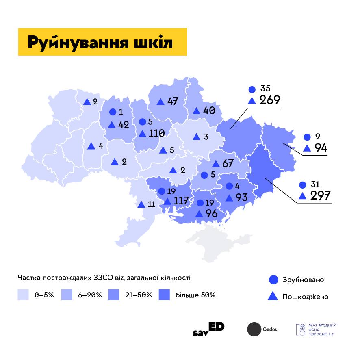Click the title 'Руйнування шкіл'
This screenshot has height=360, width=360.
pyautogui.click(x=100, y=42)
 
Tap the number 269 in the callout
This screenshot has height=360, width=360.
pyautogui.click(x=270, y=100)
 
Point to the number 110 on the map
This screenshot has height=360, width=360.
pyautogui.click(x=156, y=133)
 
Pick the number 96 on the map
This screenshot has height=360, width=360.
pyautogui.click(x=212, y=213)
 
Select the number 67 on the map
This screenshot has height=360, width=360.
pyautogui.click(x=228, y=164)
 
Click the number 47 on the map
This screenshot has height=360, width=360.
pyautogui.click(x=173, y=101)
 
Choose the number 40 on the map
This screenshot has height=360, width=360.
pyautogui.click(x=209, y=111)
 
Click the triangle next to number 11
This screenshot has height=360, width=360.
pyautogui.click(x=141, y=204)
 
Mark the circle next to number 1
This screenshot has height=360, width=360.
pyautogui.click(x=113, y=112)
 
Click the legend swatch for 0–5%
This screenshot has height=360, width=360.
pyautogui.click(x=24, y=295)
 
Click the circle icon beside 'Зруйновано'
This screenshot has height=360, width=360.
pyautogui.click(x=274, y=280)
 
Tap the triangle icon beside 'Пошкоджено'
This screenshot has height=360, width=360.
pyautogui.click(x=274, y=296)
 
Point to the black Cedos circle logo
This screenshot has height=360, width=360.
pyautogui.click(x=254, y=329)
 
